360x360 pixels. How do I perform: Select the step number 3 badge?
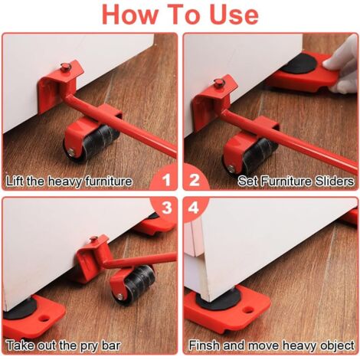(166, 208)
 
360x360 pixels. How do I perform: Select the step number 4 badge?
(194, 208)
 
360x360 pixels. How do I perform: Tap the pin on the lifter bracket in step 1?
(66, 67)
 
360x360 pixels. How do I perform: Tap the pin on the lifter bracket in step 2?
(220, 83)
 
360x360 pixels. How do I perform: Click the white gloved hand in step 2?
(343, 64)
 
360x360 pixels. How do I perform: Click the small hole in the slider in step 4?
(248, 310)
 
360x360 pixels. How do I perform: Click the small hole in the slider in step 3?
(44, 318)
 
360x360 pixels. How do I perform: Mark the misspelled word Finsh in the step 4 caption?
(204, 345)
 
